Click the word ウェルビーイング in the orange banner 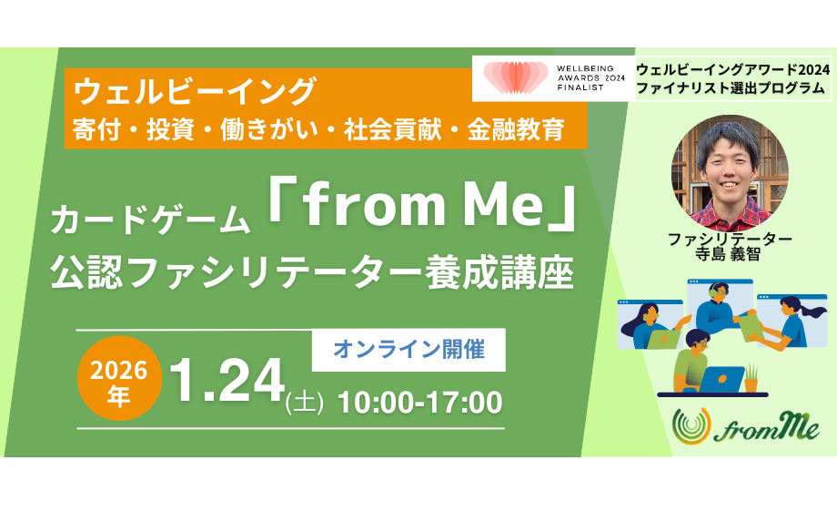(195, 92)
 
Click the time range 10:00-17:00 (419, 401)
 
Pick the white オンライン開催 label (408, 349)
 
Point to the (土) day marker (305, 404)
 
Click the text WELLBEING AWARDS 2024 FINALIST (589, 78)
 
